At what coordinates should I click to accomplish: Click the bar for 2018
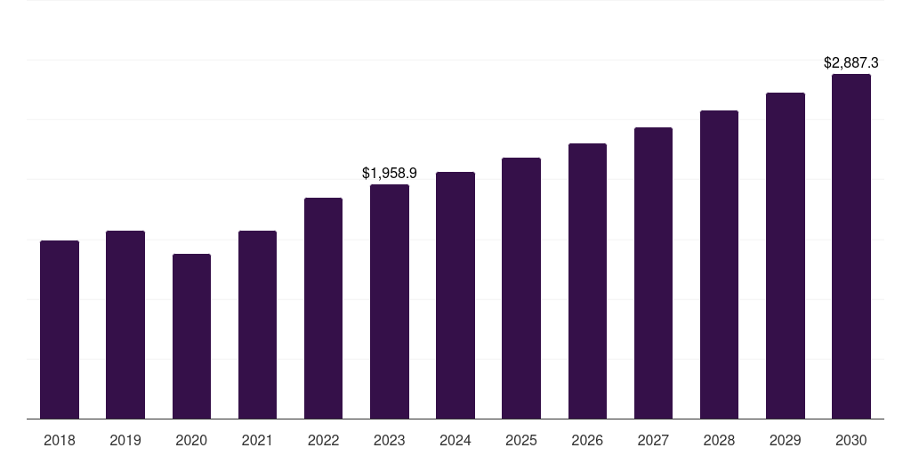tap(60, 330)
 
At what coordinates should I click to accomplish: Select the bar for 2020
tap(191, 336)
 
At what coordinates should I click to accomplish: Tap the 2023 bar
tap(390, 301)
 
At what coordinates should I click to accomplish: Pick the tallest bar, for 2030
tap(851, 246)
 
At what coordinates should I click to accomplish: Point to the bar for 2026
tap(587, 281)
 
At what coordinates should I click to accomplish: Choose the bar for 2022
tap(323, 308)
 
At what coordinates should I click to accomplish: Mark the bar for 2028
tap(719, 265)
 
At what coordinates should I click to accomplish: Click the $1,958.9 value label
tap(390, 173)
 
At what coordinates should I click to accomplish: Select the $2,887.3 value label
tap(851, 62)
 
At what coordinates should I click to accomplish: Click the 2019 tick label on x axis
tap(125, 440)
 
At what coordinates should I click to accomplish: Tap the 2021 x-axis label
tap(257, 440)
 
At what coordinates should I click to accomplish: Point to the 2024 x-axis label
tap(455, 440)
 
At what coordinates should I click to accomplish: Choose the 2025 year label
tap(521, 440)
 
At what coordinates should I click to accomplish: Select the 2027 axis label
tap(653, 440)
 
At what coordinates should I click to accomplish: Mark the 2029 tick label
tap(786, 440)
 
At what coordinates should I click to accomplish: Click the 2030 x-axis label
tap(851, 440)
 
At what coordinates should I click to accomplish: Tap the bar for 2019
tap(125, 324)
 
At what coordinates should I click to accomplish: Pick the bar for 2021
tap(257, 324)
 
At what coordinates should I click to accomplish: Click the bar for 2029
tap(786, 256)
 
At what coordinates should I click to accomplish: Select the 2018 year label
tap(60, 440)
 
